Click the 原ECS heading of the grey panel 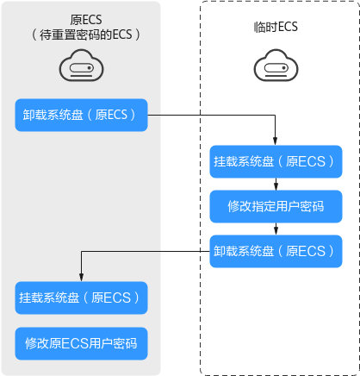(86, 20)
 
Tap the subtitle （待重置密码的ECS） (86, 34)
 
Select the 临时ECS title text (276, 27)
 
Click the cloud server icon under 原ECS (82, 66)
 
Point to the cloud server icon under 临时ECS (276, 66)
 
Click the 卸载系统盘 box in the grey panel (81, 115)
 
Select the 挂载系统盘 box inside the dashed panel (276, 161)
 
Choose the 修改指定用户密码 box (276, 206)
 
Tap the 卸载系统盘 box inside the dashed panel (276, 251)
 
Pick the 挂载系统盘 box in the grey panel (81, 298)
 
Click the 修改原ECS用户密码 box (81, 343)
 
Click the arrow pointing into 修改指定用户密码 (276, 184)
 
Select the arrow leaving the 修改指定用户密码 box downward (276, 229)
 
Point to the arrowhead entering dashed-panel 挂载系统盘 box (275, 141)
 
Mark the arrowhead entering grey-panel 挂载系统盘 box (81, 278)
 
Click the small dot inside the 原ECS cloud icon (90, 68)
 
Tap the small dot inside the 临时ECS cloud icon (283, 68)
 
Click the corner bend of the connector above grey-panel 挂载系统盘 (81, 252)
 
